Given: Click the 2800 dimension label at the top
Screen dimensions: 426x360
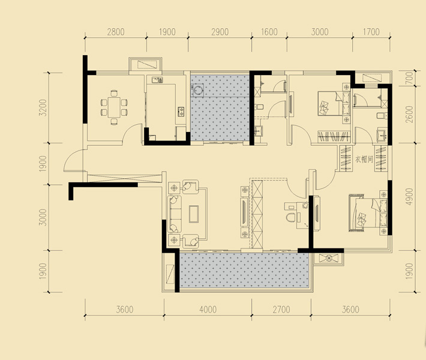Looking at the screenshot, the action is [116, 32].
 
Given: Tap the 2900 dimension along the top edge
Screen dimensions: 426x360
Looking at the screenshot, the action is [220, 32].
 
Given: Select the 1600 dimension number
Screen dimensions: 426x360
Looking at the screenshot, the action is [269, 32].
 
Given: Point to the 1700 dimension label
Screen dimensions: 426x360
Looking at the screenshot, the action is [371, 32].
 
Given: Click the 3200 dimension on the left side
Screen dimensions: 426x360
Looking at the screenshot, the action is [43, 107].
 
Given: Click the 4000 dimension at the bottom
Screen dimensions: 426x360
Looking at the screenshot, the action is [208, 310].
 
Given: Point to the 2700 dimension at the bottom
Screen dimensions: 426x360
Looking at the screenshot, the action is [281, 310].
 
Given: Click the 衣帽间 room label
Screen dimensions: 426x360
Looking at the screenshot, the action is [364, 160].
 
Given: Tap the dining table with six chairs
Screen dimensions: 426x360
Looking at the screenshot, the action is [114, 107].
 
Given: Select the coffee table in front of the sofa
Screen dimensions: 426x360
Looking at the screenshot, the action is [194, 214].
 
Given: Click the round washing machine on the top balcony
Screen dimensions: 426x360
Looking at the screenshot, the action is [199, 89].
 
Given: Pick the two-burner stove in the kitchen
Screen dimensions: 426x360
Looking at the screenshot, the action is [181, 110].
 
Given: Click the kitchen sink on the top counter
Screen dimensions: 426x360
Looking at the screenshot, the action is [157, 80].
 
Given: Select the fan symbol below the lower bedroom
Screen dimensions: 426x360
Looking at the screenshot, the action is [329, 258].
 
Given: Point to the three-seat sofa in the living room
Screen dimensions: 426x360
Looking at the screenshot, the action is [175, 214].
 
